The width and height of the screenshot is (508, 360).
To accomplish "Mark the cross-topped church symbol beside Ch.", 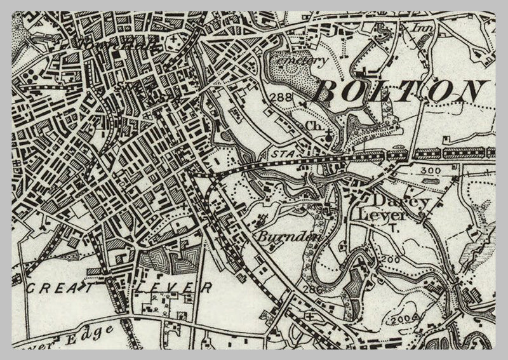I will tap(327, 135).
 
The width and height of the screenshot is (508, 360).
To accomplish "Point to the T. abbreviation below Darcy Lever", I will tap(393, 229).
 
